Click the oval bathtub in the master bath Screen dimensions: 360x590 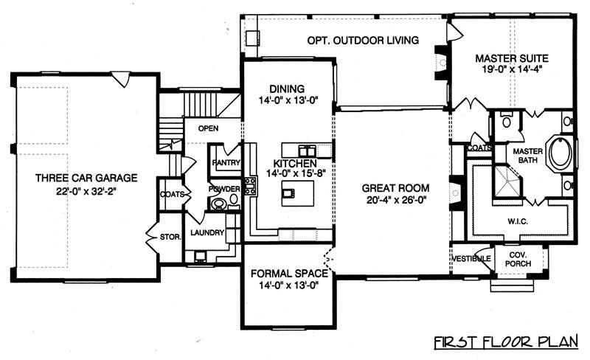(x=563, y=153)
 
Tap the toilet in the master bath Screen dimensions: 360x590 (x=505, y=120)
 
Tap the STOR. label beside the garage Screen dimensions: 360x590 (x=170, y=238)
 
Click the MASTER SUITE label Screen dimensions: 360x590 (x=512, y=57)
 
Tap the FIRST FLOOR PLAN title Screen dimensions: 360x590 (x=508, y=342)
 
